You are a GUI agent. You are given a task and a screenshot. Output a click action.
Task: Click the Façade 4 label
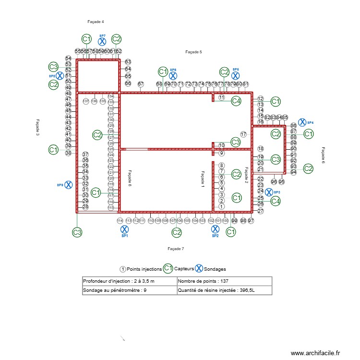click(x=96, y=22)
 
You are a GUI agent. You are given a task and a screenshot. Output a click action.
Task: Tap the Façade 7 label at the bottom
click(x=176, y=249)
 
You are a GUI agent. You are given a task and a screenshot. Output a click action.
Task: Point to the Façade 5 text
click(x=194, y=51)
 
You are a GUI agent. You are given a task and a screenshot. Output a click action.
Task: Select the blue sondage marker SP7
click(x=102, y=42)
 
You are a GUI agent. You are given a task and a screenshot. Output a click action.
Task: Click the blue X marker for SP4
click(x=302, y=122)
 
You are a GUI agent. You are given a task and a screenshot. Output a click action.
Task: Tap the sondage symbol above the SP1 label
click(x=124, y=230)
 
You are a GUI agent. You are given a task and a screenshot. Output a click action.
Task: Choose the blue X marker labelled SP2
click(x=216, y=230)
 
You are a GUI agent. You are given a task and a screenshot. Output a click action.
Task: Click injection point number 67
click(x=141, y=84)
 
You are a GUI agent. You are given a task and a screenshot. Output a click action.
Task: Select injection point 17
click(x=243, y=134)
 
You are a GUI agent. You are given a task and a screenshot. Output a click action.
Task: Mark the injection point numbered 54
click(x=69, y=59)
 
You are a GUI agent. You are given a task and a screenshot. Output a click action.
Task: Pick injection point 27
click(x=261, y=211)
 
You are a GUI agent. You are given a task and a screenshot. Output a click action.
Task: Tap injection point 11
click(x=221, y=97)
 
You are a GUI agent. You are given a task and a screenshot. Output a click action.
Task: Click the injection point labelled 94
click(x=293, y=172)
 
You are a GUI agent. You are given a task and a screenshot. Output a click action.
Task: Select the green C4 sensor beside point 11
click(x=236, y=101)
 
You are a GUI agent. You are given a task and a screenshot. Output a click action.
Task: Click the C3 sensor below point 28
click(x=77, y=232)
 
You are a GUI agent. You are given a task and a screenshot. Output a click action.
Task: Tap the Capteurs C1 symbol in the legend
click(x=168, y=268)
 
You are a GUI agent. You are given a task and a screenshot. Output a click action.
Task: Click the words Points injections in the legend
click(x=144, y=269)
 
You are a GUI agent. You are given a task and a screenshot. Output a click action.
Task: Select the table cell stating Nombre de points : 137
click(x=224, y=281)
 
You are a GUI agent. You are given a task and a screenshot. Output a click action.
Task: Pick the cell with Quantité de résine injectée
click(x=224, y=290)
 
